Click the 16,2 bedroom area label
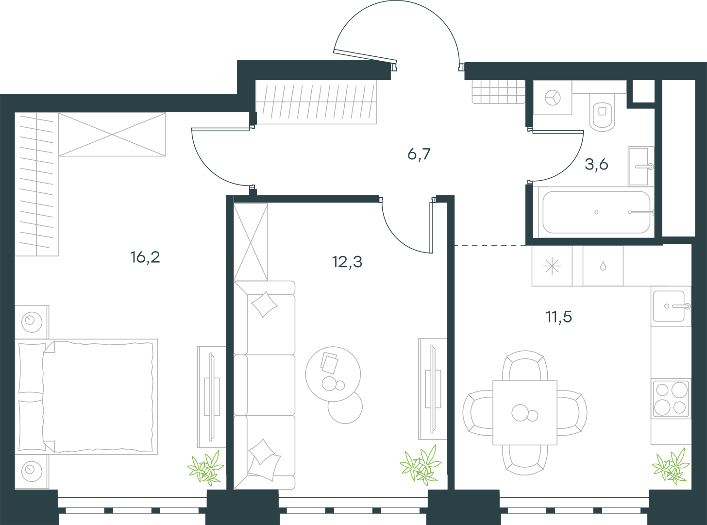(x=145, y=257)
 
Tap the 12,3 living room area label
(x=347, y=262)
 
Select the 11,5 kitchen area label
(x=559, y=317)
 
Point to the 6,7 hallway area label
(x=419, y=154)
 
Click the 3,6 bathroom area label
(x=596, y=165)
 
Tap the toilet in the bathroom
(x=602, y=112)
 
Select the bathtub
(x=596, y=212)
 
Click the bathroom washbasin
(x=641, y=166)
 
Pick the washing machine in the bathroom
(x=553, y=98)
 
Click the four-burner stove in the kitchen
(x=671, y=399)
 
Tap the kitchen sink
(x=671, y=306)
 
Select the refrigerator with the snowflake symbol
(x=552, y=266)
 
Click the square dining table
(x=525, y=413)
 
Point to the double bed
(x=86, y=396)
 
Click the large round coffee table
(x=333, y=374)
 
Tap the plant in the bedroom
(x=205, y=468)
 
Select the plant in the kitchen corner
(x=671, y=466)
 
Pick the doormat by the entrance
(x=499, y=92)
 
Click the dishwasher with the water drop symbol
(x=603, y=266)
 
